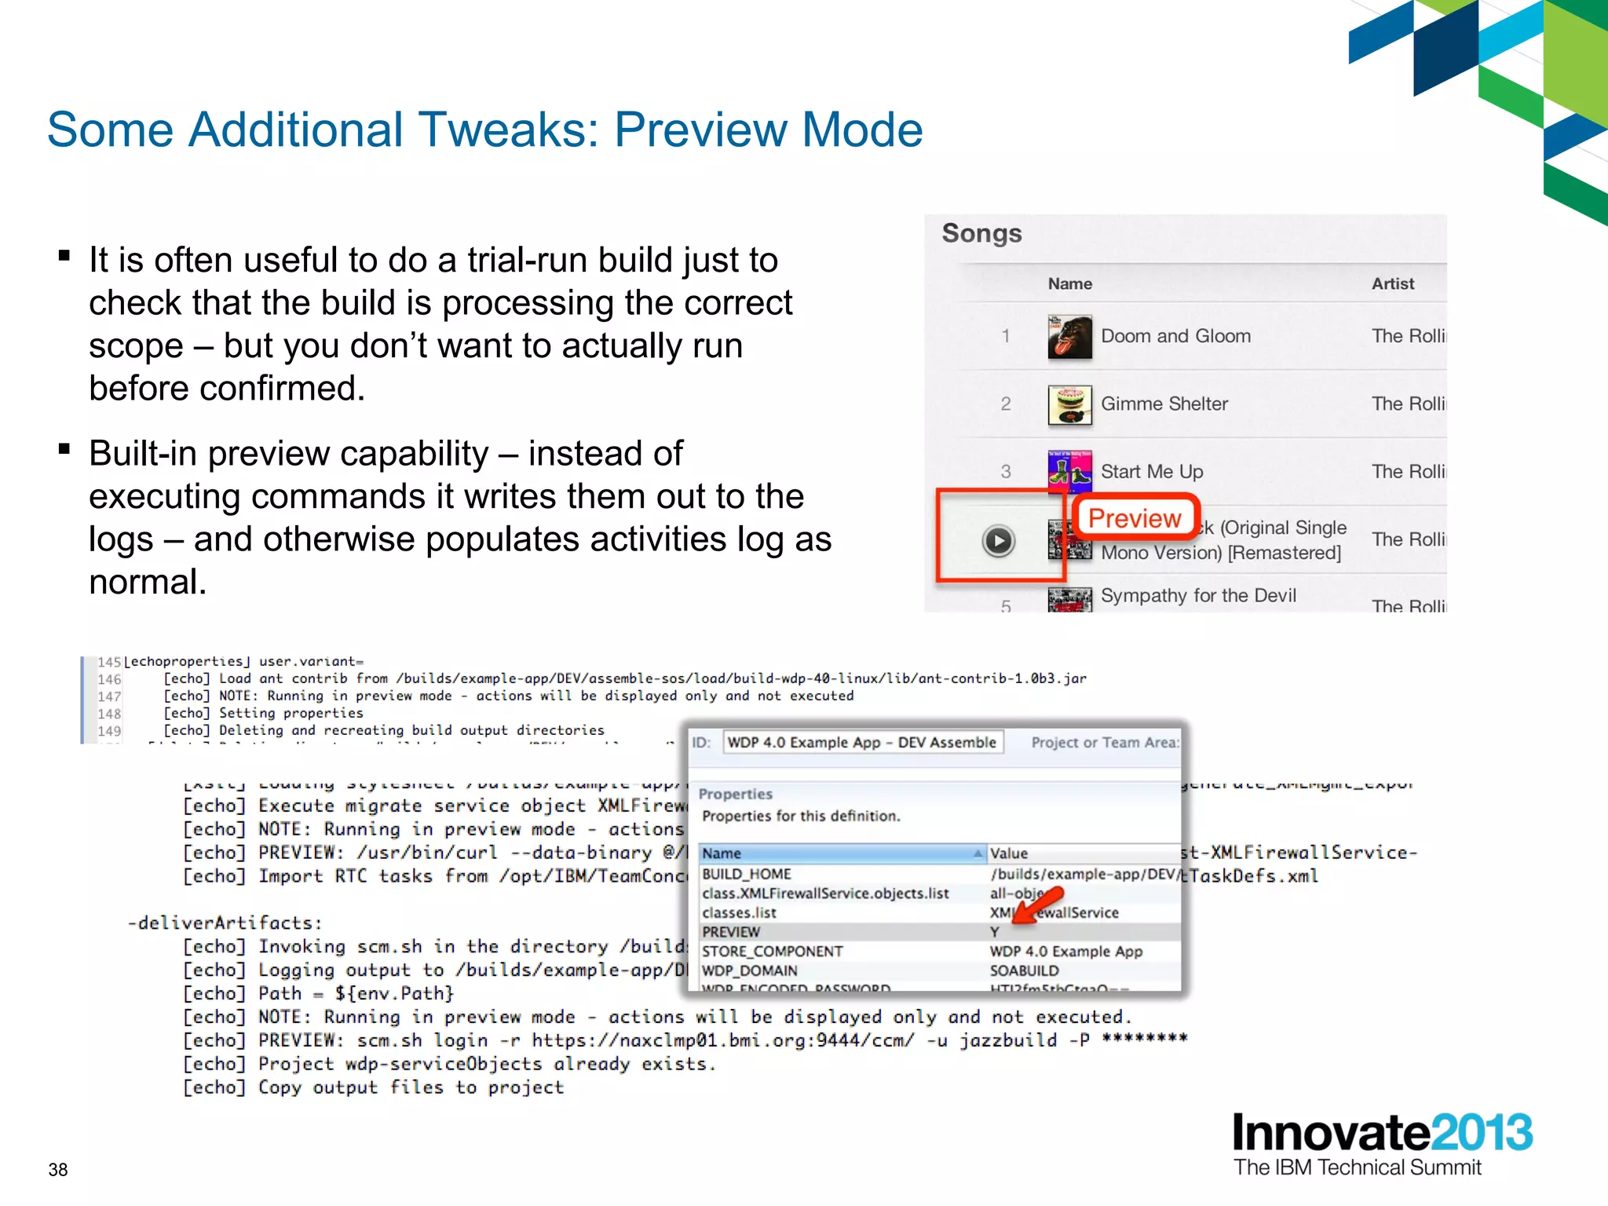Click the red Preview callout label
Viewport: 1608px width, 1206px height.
(1134, 518)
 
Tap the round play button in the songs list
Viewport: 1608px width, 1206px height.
(998, 541)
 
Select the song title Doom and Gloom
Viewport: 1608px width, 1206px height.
(1175, 336)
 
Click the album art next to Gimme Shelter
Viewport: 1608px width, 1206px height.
(1069, 404)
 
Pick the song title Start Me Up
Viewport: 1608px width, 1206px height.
(1152, 472)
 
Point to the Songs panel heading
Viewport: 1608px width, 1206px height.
(981, 233)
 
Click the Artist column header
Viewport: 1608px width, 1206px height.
(1392, 284)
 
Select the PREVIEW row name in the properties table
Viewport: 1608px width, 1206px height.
(731, 932)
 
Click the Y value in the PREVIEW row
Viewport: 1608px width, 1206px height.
(995, 932)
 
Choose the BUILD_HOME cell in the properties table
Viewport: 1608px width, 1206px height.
(747, 874)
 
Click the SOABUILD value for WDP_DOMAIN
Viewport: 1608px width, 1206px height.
(1024, 970)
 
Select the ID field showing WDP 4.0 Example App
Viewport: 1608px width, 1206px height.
(862, 743)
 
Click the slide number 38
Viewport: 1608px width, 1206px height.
(58, 1170)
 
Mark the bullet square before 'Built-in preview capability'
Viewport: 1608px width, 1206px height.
(65, 450)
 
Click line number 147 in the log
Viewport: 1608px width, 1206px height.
(109, 696)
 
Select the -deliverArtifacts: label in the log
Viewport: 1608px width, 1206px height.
(225, 923)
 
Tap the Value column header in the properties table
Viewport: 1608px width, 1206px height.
(1009, 853)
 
